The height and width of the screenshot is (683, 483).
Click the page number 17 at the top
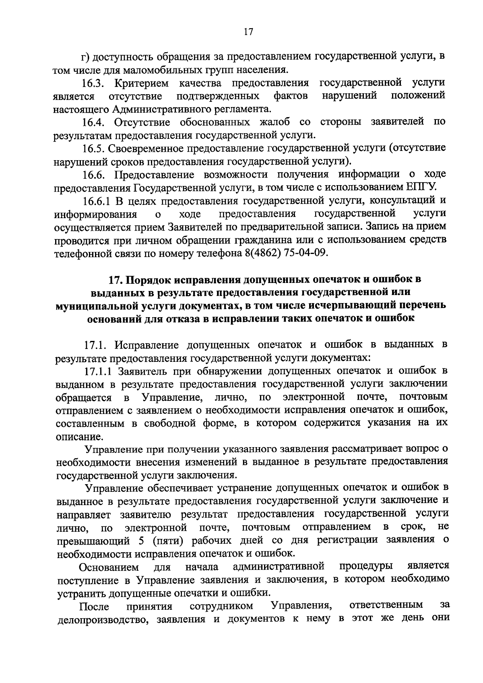(x=248, y=32)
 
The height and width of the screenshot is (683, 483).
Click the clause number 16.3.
(x=94, y=83)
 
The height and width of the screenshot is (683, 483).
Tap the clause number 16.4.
(x=94, y=122)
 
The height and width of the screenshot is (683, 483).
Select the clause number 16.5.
(x=94, y=148)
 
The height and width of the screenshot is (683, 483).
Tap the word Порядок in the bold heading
(x=149, y=279)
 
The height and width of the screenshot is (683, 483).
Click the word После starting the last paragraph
(x=94, y=607)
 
